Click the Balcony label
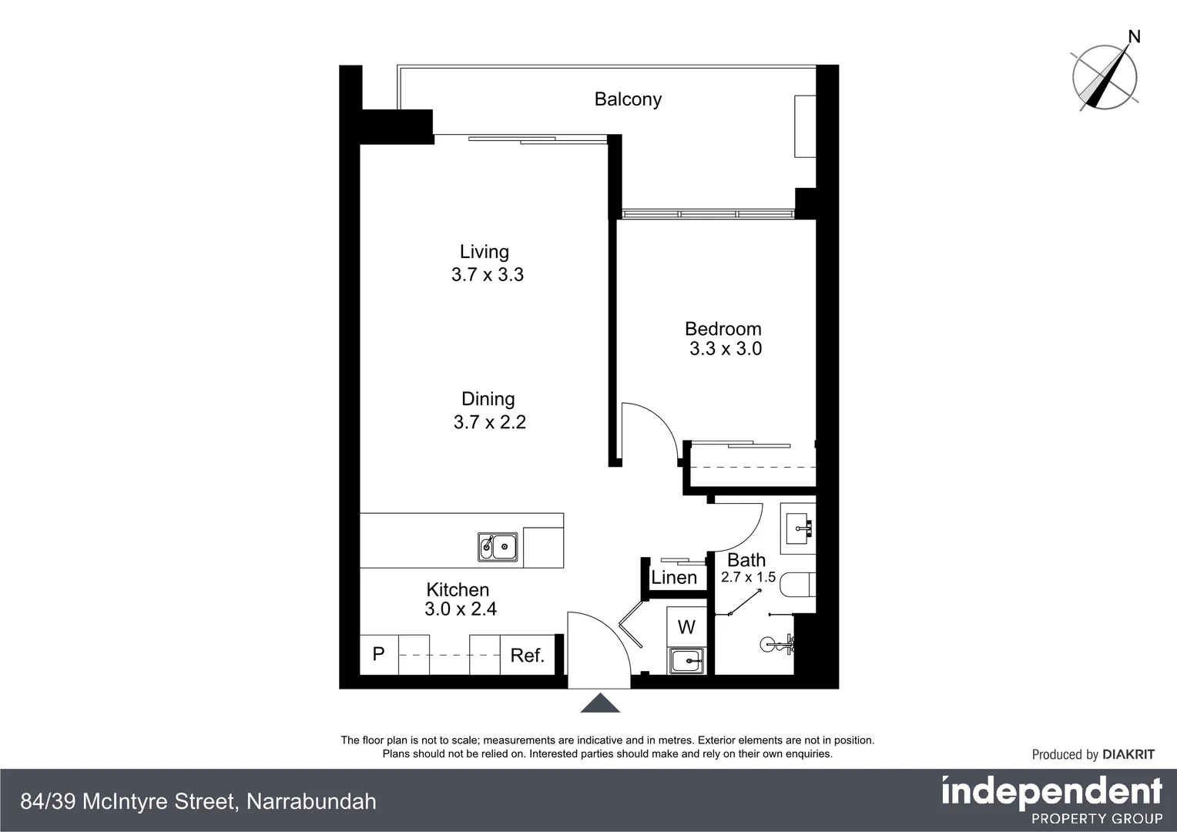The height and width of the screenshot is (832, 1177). click(x=627, y=99)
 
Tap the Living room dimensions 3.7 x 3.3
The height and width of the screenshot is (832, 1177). click(x=487, y=275)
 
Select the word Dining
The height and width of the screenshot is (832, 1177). click(x=488, y=399)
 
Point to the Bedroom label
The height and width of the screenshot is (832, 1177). click(x=723, y=329)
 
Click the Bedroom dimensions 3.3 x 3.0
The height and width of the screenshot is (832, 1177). click(x=725, y=349)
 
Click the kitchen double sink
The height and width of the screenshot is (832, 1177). click(x=497, y=547)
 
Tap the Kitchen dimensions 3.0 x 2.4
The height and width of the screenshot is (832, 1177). click(x=460, y=609)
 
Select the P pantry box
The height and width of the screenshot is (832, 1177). click(x=378, y=654)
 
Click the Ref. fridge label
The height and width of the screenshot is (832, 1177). click(x=527, y=656)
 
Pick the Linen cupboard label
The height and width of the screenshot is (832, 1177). click(x=674, y=577)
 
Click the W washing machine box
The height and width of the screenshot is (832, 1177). click(x=686, y=627)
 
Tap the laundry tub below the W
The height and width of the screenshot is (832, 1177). click(x=686, y=660)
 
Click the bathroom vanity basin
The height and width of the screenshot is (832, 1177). click(x=799, y=528)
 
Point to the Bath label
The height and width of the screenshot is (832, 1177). click(x=746, y=560)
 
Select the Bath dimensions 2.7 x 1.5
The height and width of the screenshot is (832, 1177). click(x=747, y=577)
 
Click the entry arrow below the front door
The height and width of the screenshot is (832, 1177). click(x=600, y=703)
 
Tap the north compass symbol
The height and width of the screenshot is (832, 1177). click(x=1105, y=75)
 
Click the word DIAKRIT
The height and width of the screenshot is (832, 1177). click(x=1128, y=755)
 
